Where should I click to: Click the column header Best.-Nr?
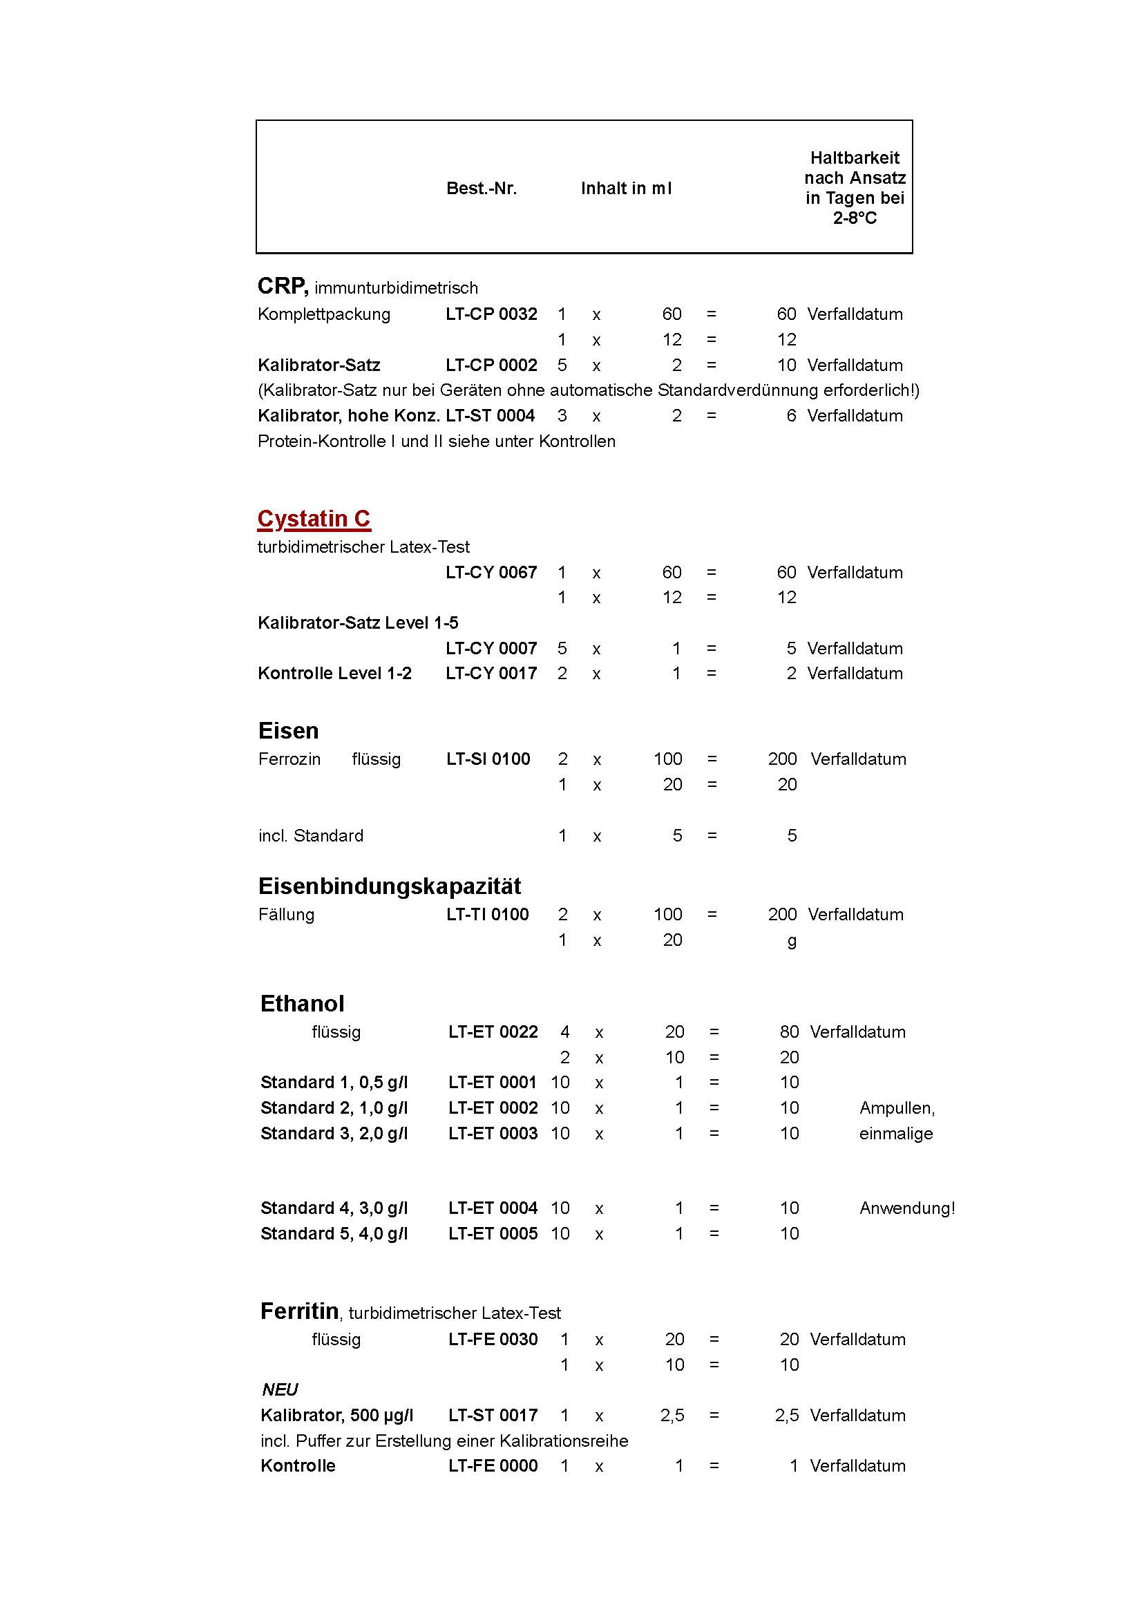click(482, 189)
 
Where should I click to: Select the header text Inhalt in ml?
click(625, 189)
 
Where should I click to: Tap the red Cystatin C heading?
click(314, 519)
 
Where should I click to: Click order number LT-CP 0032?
click(491, 314)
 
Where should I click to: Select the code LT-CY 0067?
click(491, 572)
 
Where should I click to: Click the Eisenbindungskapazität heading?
click(389, 886)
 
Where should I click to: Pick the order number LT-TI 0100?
click(487, 914)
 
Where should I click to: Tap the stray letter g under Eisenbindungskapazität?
click(792, 941)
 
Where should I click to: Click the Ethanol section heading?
click(302, 1003)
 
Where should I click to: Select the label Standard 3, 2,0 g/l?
click(334, 1133)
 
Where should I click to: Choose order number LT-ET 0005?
click(493, 1233)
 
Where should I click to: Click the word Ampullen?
click(897, 1108)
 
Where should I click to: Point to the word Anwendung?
click(907, 1208)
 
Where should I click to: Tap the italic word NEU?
click(279, 1389)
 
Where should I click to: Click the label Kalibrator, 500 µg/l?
click(336, 1415)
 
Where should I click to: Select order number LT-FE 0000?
click(493, 1465)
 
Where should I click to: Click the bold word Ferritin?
click(299, 1311)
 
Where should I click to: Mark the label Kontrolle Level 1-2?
click(334, 673)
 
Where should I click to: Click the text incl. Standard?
click(310, 835)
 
